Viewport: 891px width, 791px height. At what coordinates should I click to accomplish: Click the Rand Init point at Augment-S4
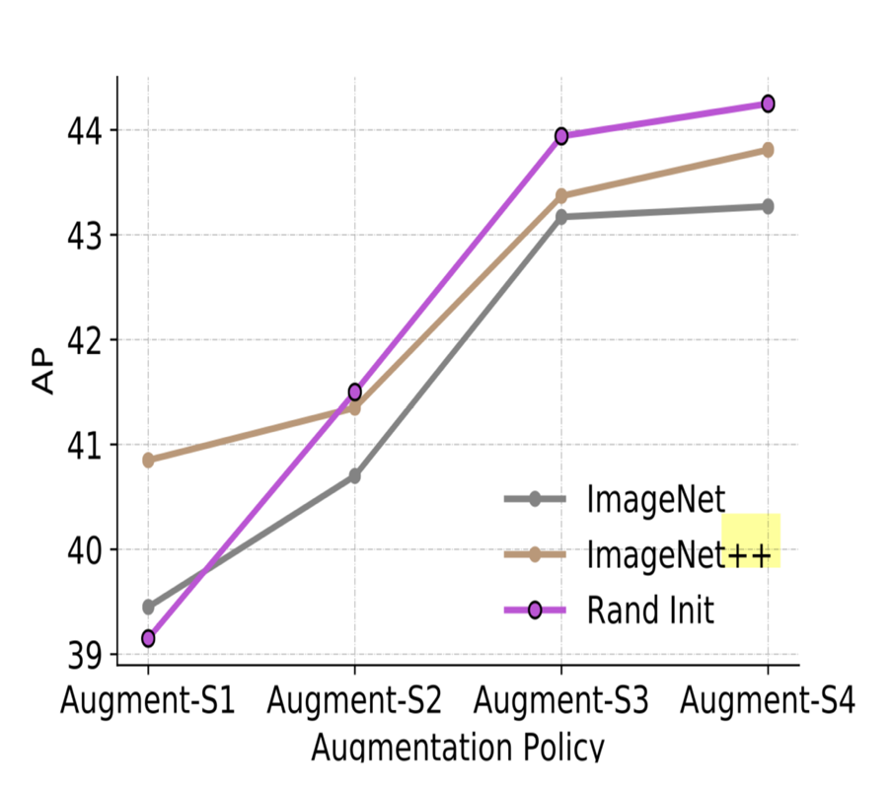(x=767, y=104)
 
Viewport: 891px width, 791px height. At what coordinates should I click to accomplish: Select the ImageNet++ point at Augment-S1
(x=148, y=460)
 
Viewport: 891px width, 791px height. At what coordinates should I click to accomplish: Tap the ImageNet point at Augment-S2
(x=354, y=476)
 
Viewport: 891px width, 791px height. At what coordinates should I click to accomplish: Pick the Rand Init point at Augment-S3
(x=561, y=136)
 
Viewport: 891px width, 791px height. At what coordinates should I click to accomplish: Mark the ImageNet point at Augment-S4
(x=767, y=206)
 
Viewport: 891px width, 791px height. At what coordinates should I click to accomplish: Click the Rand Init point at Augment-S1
(x=148, y=638)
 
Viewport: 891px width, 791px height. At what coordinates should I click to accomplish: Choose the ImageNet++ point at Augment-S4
(x=767, y=150)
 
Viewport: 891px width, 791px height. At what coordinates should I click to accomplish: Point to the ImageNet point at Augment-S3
(x=561, y=216)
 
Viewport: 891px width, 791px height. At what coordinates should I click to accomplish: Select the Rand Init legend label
(x=650, y=611)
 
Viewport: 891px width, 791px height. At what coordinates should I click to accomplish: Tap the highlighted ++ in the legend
(x=751, y=554)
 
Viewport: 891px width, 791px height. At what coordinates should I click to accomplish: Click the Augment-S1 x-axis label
(x=148, y=701)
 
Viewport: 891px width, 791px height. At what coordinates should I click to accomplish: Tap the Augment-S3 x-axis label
(x=561, y=701)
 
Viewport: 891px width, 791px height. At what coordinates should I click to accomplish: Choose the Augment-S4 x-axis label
(x=767, y=701)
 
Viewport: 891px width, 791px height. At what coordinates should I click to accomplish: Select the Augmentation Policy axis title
(x=457, y=748)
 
